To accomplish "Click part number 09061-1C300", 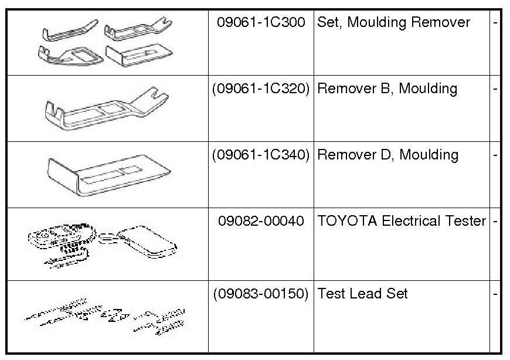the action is pyautogui.click(x=261, y=23).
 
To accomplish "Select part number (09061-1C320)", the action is pyautogui.click(x=261, y=89).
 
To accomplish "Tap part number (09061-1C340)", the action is pyautogui.click(x=261, y=155).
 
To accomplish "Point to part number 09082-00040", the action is pyautogui.click(x=261, y=222).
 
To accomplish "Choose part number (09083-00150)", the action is pyautogui.click(x=261, y=294).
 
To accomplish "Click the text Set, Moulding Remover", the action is pyautogui.click(x=393, y=23).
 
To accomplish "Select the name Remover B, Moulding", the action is pyautogui.click(x=387, y=89).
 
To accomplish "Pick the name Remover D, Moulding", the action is pyautogui.click(x=387, y=155).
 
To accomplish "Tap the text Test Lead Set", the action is pyautogui.click(x=362, y=294).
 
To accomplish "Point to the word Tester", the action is pyautogui.click(x=468, y=221).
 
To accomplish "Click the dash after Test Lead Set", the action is pyautogui.click(x=496, y=294).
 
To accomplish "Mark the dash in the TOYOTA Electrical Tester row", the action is pyautogui.click(x=496, y=222).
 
